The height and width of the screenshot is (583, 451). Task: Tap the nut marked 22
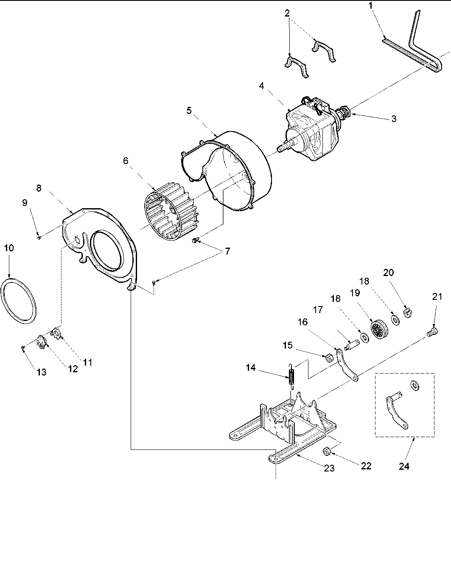[x=327, y=451]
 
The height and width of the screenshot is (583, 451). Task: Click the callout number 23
[x=329, y=468]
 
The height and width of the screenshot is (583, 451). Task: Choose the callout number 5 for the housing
[x=189, y=111]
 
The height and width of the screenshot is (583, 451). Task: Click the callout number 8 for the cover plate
[x=39, y=188]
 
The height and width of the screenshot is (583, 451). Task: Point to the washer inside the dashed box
[x=414, y=385]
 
